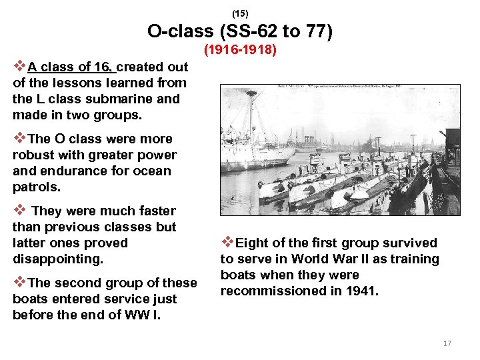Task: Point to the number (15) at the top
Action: tap(240, 13)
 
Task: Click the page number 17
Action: tap(447, 343)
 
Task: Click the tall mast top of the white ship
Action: tap(251, 93)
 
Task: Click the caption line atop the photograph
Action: tap(340, 88)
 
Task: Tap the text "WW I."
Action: tap(147, 315)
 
